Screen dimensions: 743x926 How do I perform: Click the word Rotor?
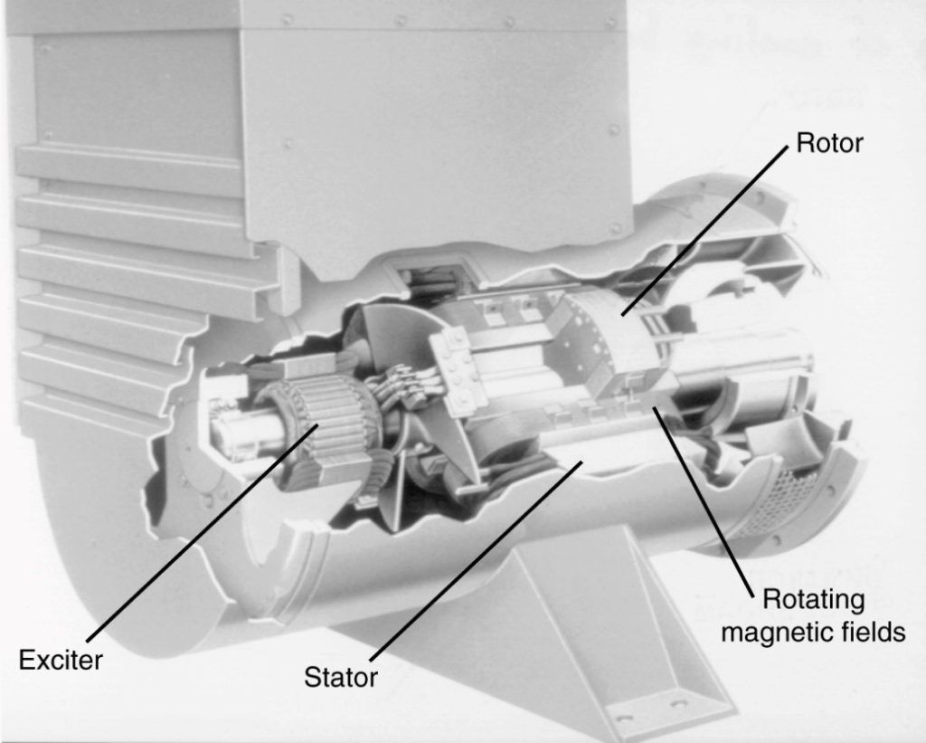click(x=828, y=143)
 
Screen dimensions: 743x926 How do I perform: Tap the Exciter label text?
click(x=61, y=660)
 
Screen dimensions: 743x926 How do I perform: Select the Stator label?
click(x=340, y=676)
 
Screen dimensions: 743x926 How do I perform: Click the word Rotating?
click(x=813, y=599)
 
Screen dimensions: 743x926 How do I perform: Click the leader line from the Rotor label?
click(x=705, y=226)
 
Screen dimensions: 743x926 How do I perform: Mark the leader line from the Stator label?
click(x=470, y=561)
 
